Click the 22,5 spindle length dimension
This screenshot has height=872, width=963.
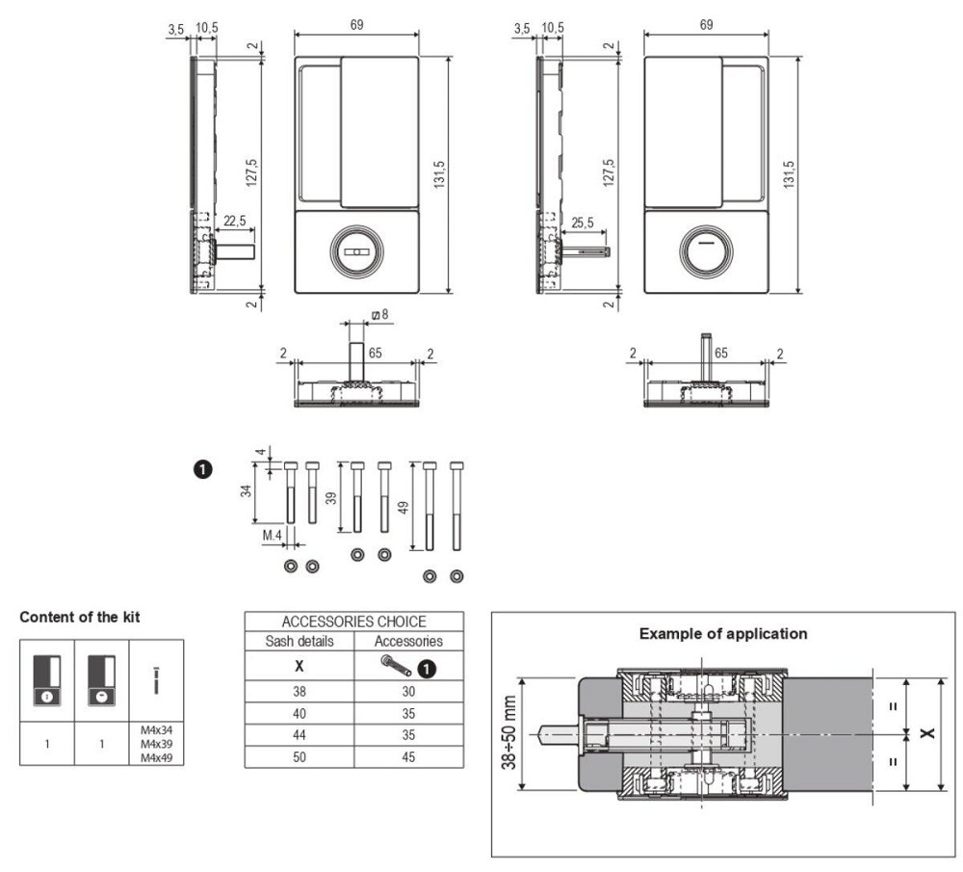click(235, 222)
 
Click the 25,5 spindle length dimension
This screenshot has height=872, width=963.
click(583, 223)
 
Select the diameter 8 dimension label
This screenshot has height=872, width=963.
click(380, 315)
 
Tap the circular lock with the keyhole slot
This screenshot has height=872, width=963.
click(357, 251)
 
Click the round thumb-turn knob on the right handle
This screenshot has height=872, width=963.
click(706, 251)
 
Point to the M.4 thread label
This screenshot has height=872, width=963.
click(273, 536)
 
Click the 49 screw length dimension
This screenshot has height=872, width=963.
click(403, 508)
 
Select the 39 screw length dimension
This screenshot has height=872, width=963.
click(331, 498)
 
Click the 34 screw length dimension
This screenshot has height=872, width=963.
click(247, 490)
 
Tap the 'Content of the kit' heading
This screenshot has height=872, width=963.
click(80, 617)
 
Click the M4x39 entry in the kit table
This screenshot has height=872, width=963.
click(157, 744)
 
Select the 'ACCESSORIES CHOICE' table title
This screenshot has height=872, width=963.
click(353, 621)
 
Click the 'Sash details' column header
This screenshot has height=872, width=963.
click(299, 641)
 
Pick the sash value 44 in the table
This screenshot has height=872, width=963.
click(299, 735)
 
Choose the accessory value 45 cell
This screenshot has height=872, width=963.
click(408, 757)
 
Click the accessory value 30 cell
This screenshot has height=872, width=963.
click(408, 691)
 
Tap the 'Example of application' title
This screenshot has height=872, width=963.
click(723, 634)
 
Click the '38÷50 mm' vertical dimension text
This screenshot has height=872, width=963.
click(509, 733)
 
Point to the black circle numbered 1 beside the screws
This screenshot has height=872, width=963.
click(202, 469)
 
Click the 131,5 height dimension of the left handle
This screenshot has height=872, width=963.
click(439, 174)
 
